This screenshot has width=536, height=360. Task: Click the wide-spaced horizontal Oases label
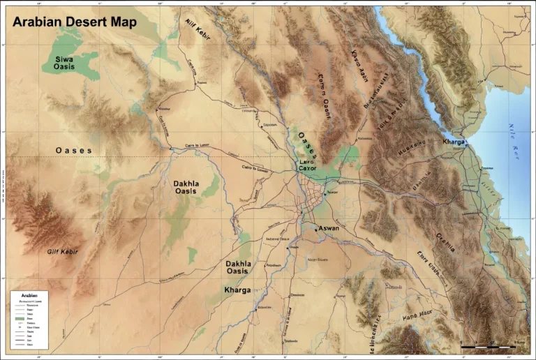tap(74, 150)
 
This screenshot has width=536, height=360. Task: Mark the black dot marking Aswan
tap(318, 229)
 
